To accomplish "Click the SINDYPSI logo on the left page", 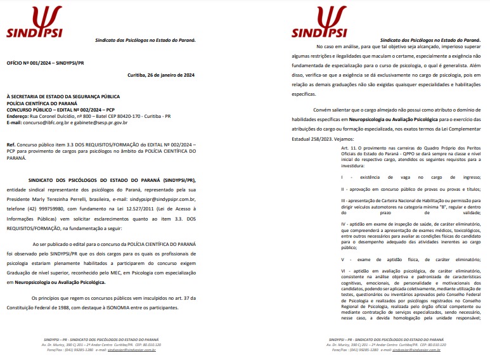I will tap(35, 23).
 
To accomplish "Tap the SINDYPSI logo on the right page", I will tap(320, 23).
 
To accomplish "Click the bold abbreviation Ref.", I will tap(11, 145).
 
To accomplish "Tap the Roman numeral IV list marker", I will tap(343, 223).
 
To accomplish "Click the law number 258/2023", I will tap(342, 139).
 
